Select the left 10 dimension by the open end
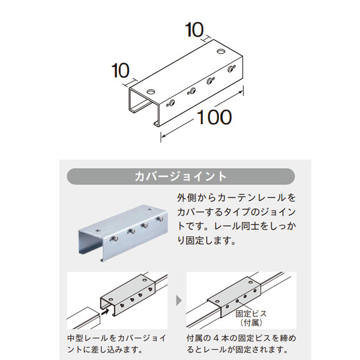[x=121, y=71]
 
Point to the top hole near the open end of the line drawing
[x=149, y=92]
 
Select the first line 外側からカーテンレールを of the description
[x=236, y=197]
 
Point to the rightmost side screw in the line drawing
[x=230, y=70]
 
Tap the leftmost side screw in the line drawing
[x=172, y=102]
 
